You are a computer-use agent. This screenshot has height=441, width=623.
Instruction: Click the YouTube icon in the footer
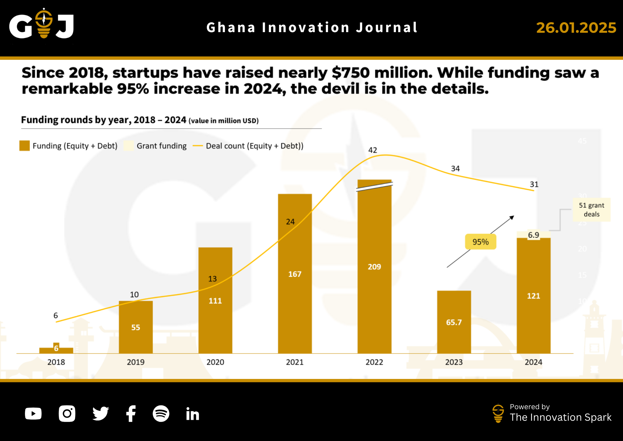point(33,414)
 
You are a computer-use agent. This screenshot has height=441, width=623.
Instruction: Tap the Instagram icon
point(67,414)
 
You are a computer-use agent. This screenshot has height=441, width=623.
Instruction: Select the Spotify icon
point(161,414)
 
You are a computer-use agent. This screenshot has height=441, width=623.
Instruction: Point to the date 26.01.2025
point(576,28)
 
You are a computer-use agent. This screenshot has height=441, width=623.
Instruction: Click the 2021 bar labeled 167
point(295,274)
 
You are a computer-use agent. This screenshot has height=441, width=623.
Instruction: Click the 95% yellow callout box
point(480,242)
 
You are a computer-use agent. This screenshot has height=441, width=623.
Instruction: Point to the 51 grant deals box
point(591,210)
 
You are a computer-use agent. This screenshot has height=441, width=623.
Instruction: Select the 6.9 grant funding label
point(533,235)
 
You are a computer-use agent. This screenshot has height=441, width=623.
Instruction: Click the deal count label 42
point(373,150)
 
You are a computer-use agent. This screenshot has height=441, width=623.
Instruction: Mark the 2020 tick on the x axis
point(215,362)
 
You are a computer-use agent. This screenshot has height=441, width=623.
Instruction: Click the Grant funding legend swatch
point(129,146)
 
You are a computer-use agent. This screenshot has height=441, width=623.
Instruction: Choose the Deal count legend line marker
point(198,146)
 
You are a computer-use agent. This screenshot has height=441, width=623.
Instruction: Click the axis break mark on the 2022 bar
point(374,187)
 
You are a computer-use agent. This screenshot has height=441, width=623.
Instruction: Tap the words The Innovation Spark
point(560,417)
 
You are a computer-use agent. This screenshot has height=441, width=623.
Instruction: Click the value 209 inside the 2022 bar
point(374,267)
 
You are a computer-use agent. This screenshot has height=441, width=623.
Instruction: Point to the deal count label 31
point(534,184)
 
